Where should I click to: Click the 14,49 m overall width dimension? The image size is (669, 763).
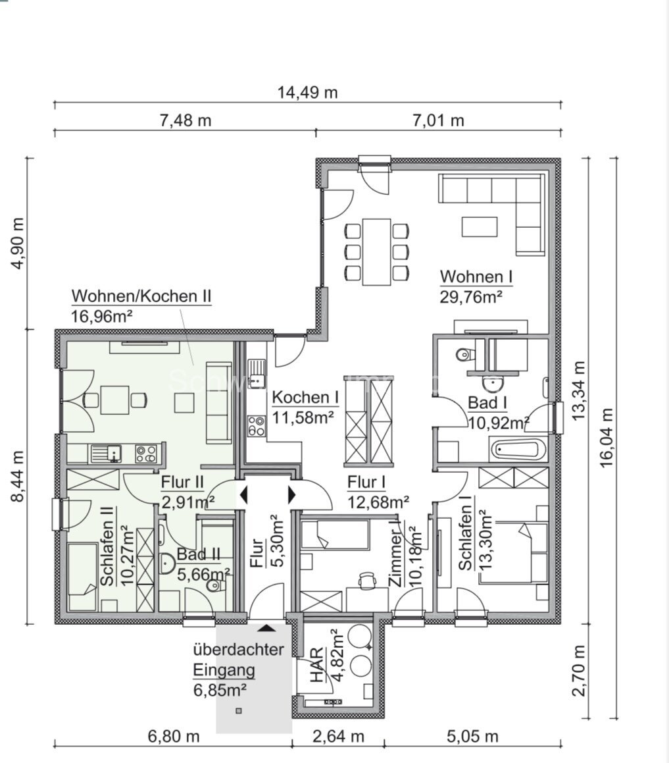309,92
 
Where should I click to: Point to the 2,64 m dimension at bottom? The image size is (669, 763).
337,735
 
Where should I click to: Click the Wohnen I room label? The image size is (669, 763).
476,276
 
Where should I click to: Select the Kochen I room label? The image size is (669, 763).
305,398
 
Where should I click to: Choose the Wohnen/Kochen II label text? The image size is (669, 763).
141,296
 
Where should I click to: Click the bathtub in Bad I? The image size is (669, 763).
517,451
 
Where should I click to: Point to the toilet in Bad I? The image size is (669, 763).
465,355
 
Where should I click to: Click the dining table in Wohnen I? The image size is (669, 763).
377,251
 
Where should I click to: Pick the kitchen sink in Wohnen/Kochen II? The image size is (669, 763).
106,454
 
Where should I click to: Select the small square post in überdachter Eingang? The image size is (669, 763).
238,710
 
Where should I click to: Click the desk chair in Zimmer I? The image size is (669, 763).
366,579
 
